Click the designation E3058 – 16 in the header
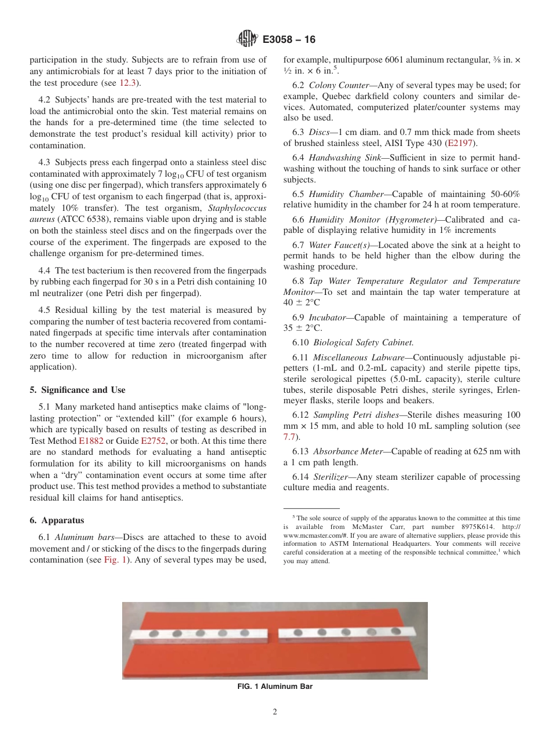pos(289,40)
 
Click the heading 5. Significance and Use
pos(78,390)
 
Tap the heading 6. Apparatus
pos(57,520)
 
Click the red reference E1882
pos(91,430)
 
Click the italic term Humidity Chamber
pos(346,194)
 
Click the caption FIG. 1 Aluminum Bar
pos(274,687)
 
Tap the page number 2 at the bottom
pos(275,712)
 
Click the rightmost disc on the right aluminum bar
pos(396,630)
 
